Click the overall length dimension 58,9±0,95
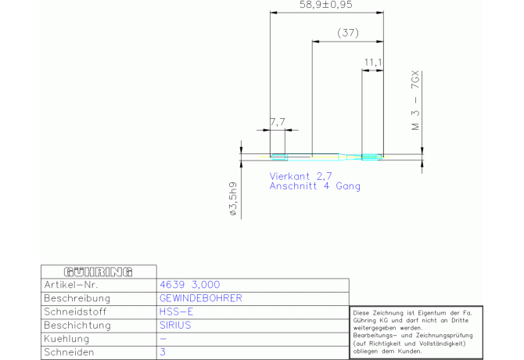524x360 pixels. point(326,5)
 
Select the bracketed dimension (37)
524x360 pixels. point(348,33)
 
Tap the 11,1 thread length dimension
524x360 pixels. point(373,62)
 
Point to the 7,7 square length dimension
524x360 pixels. point(278,122)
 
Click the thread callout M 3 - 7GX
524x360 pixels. point(415,100)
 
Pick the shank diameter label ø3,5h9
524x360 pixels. point(233,199)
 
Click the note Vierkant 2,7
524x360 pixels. point(301,176)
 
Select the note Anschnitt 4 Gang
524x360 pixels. point(315,186)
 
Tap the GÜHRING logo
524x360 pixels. point(99,272)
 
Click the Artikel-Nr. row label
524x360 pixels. point(71,285)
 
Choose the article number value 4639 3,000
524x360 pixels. point(190,285)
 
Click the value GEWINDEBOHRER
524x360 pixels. point(201,298)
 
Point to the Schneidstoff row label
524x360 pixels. point(75,311)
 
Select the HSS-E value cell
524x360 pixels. point(176,311)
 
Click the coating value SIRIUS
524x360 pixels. point(175,326)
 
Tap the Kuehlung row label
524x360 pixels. point(66,339)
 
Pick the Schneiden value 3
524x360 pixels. point(163,352)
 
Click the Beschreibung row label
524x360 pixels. point(77,298)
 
